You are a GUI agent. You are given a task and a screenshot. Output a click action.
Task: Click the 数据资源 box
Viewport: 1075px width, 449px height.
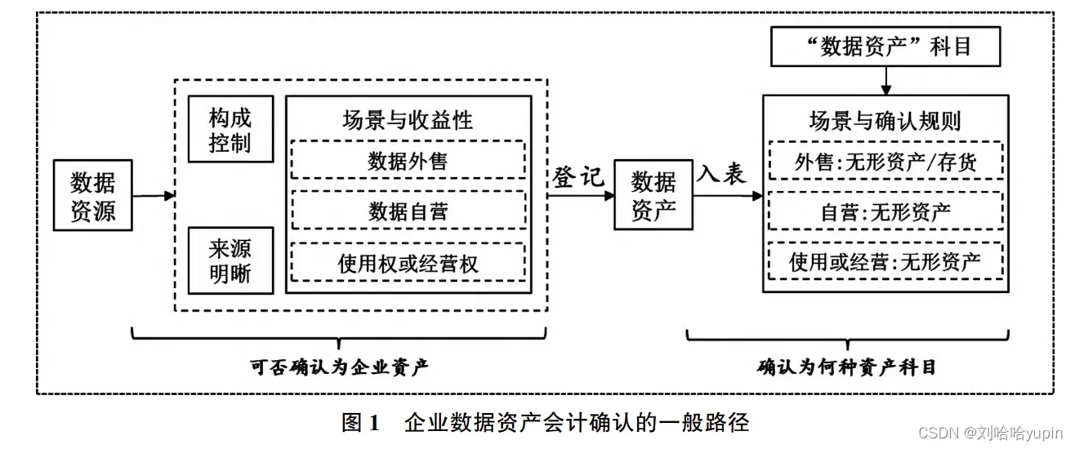coord(92,195)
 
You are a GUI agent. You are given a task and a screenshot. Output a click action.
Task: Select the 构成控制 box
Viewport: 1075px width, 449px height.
coord(230,130)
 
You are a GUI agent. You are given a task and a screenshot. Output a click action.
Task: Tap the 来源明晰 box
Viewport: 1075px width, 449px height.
coord(230,260)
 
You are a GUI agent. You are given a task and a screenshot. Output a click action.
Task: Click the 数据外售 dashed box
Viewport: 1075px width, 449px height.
coord(408,160)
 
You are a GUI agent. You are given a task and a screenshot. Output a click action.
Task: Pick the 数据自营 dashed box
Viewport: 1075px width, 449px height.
coord(408,211)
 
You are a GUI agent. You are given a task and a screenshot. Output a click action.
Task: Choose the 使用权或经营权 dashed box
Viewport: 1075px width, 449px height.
coord(408,263)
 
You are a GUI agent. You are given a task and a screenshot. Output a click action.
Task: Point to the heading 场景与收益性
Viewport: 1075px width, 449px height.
coord(408,120)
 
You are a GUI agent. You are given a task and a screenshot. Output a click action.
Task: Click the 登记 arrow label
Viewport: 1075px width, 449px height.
coord(578,177)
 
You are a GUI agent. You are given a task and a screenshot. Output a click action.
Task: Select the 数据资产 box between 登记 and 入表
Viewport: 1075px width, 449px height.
coord(653,195)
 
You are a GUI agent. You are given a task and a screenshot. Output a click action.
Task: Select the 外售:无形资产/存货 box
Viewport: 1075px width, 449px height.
coord(885,162)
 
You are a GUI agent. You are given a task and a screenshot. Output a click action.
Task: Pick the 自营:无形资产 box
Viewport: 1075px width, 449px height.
coord(885,211)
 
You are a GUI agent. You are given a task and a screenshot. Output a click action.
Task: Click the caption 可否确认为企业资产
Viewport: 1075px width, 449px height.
coord(340,367)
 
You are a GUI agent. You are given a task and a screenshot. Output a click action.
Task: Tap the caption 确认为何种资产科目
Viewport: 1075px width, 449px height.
coord(846,367)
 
